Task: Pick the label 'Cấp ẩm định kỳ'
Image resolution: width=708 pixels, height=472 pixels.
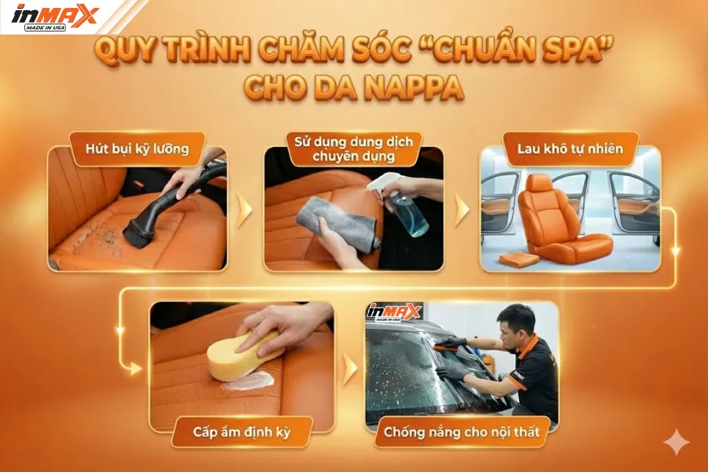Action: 242,431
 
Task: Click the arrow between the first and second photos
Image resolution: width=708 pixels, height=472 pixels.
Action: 245,210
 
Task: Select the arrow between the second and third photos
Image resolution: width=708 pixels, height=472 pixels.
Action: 462,210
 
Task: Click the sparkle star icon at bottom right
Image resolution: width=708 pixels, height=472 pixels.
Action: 675,442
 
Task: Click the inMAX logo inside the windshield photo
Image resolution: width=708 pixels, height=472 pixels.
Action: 394,312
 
